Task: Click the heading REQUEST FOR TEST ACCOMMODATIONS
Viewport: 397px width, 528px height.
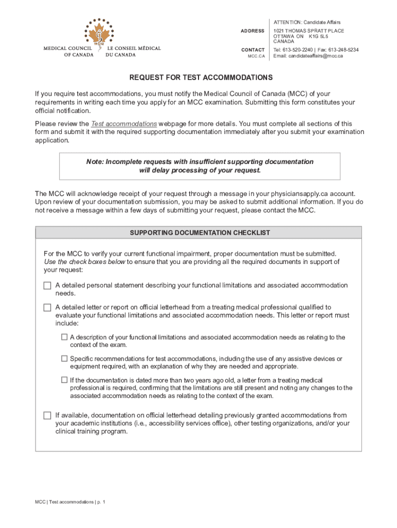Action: pos(201,78)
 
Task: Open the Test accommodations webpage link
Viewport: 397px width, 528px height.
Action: pos(124,124)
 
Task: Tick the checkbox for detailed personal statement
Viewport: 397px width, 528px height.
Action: pos(47,286)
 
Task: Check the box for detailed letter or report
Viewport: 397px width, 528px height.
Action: pos(47,307)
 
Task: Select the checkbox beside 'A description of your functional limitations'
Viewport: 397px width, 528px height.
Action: pos(64,337)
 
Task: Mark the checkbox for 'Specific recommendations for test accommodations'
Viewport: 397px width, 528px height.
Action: pos(64,358)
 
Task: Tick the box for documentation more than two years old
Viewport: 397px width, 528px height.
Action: pos(64,380)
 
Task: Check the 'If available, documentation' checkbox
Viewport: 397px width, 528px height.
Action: pos(47,415)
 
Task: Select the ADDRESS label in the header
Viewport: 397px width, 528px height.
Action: pos(253,31)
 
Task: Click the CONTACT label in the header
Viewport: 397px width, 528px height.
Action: pos(253,50)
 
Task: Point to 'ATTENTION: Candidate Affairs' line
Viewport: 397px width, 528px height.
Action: pos(307,22)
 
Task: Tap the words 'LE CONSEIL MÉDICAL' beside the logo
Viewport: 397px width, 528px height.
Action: pos(134,48)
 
